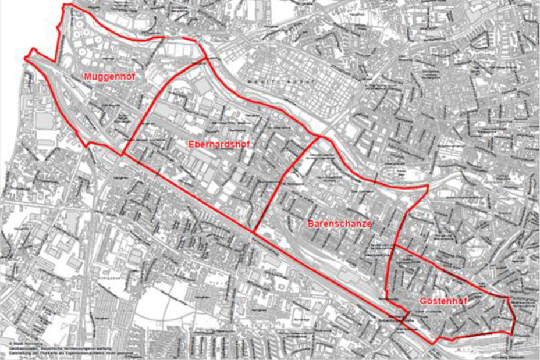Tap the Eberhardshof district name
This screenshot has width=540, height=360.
215,143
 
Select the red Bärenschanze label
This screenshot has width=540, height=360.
339,223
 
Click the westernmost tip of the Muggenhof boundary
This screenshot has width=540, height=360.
25,58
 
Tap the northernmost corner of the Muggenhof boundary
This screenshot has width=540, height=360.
64,5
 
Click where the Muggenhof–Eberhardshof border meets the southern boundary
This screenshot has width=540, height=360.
122,155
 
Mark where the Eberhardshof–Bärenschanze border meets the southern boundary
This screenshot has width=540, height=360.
253,232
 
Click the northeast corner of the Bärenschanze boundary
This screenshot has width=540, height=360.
428,187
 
